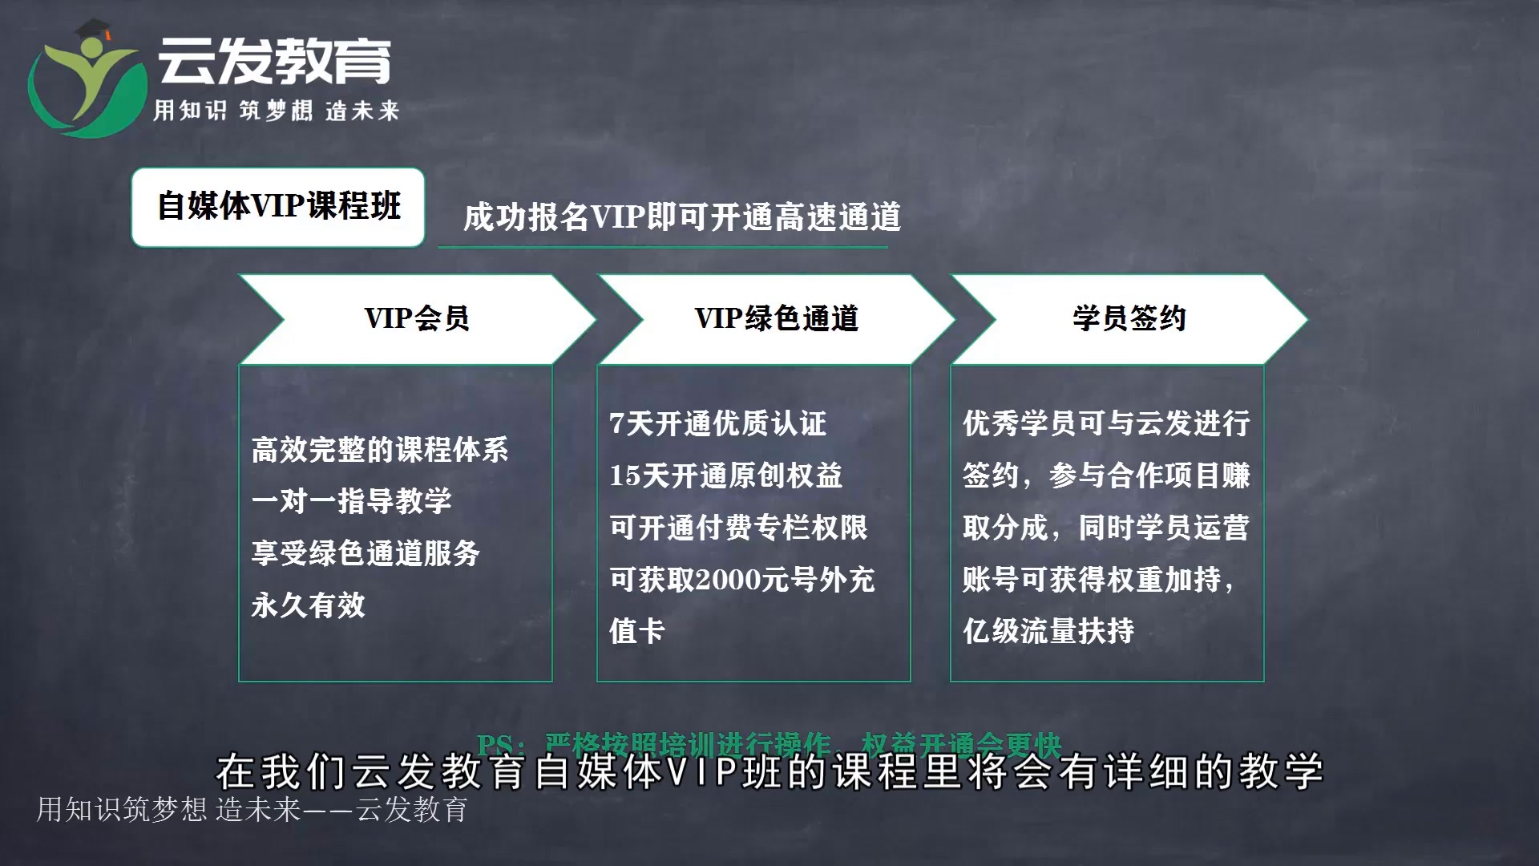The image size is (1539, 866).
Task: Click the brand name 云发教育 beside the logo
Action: coord(274,61)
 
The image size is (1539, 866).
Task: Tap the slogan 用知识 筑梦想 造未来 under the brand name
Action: coord(276,111)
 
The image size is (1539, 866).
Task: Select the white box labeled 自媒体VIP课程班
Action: coord(277,207)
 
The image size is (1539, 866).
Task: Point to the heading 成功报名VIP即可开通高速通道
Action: coord(682,217)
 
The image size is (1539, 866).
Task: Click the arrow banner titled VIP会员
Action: coord(417,319)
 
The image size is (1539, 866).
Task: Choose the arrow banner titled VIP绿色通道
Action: coord(776,319)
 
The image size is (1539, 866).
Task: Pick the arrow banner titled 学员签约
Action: coord(1129,319)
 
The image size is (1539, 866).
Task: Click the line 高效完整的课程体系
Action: coord(380,450)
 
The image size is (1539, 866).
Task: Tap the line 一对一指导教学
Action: coord(352,501)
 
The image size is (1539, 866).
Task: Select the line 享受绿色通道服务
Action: coord(366,553)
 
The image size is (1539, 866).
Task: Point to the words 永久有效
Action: coord(309,605)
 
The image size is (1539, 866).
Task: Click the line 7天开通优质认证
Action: coord(718,423)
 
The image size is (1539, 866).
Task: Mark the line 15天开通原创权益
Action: coord(726,475)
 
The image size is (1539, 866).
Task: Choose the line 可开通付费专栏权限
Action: coord(739,528)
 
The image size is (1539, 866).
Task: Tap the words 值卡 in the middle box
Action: coord(637,631)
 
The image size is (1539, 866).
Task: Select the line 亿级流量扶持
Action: coord(1048,631)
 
